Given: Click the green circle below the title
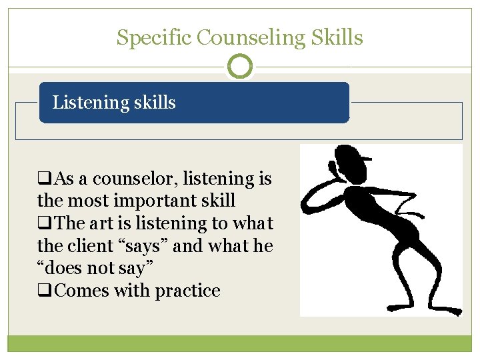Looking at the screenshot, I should pos(240,67).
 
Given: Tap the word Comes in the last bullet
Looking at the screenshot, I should pos(82,291).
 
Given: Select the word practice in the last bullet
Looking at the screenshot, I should pos(187,291).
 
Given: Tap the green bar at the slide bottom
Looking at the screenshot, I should pos(240,343).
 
